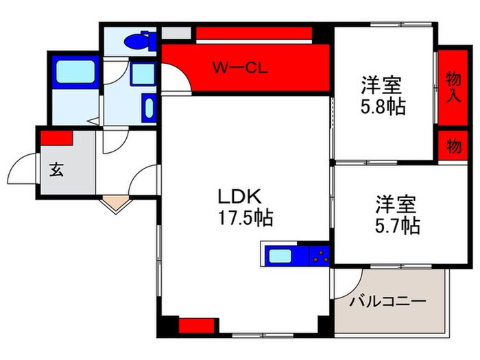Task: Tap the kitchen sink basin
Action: [x=280, y=256]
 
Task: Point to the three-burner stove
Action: [x=319, y=256]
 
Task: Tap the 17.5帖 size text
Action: [x=245, y=219]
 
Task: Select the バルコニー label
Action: [x=388, y=301]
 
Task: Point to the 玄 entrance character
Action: [x=57, y=170]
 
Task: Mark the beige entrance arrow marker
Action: [x=113, y=203]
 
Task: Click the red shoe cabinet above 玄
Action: [x=56, y=137]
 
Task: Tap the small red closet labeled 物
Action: [x=452, y=145]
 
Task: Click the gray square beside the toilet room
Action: [x=176, y=33]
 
